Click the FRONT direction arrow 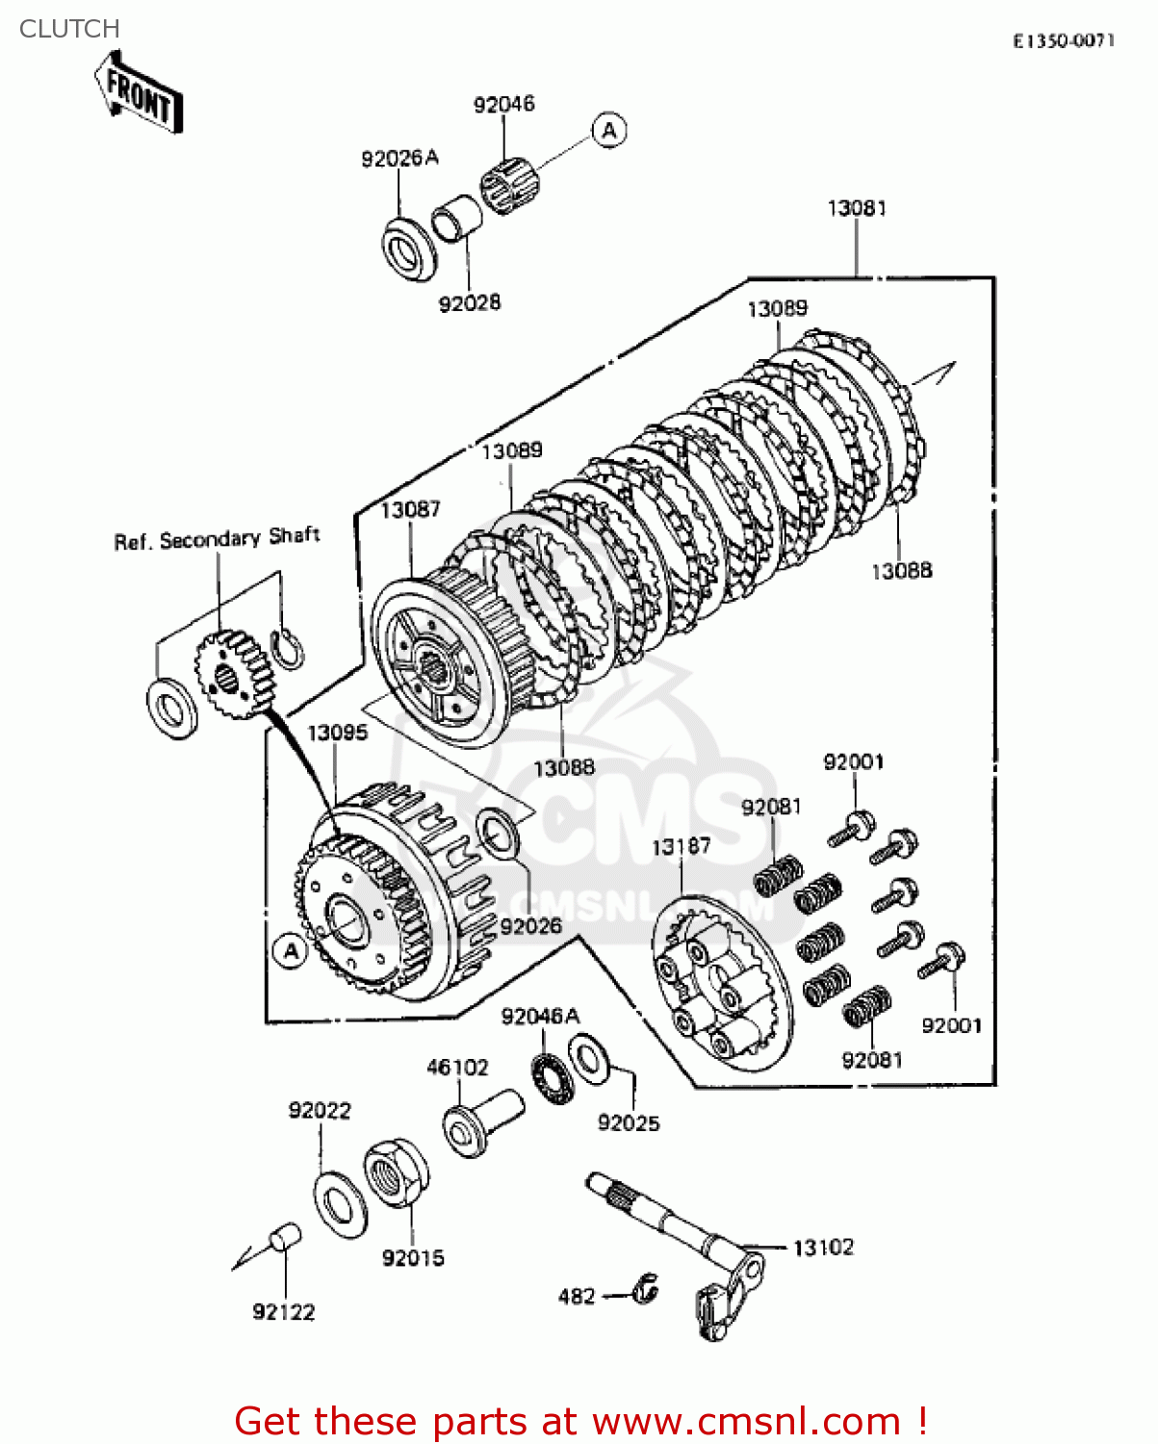pos(139,94)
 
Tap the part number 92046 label pos(503,104)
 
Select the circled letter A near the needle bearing pos(608,130)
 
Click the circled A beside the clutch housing pos(290,951)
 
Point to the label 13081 pos(857,208)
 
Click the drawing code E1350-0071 pos(1063,40)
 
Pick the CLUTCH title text pos(69,29)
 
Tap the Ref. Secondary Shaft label pos(217,539)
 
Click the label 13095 pos(337,733)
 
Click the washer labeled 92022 pos(340,1204)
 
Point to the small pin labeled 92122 pos(286,1237)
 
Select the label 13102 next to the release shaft pos(823,1248)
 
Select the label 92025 pos(629,1122)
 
